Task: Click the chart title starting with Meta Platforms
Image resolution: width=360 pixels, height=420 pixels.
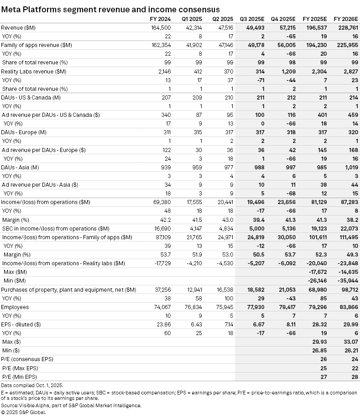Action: point(110,9)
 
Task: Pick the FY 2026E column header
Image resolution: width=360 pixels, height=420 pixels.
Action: point(346,19)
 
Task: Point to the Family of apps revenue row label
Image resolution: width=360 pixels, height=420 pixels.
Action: point(37,45)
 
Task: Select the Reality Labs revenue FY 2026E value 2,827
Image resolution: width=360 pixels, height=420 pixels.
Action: point(350,71)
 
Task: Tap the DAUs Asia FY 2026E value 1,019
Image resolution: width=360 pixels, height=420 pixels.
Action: point(350,167)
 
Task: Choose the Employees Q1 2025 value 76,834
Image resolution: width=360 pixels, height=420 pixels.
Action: point(193,307)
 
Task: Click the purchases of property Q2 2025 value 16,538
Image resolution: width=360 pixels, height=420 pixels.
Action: point(224,289)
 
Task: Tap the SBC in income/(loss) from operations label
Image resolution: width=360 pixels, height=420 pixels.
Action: point(55,228)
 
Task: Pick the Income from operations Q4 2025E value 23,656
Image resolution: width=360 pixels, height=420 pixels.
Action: point(286,202)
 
